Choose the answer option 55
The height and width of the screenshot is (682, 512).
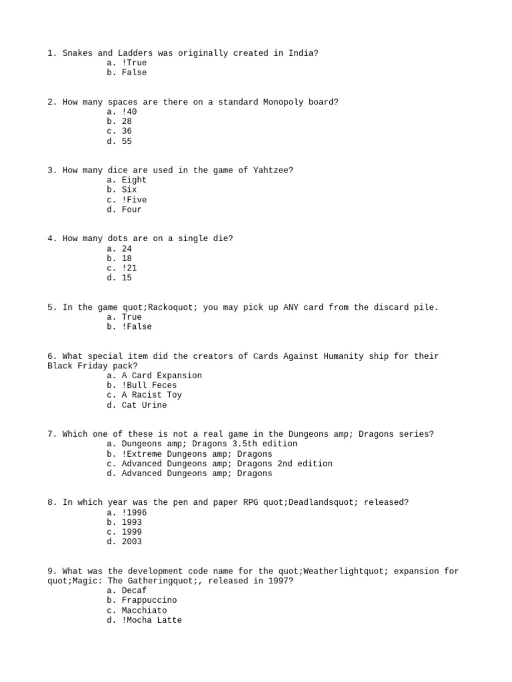127,141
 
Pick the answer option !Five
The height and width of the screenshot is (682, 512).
134,200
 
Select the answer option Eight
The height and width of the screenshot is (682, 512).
134,180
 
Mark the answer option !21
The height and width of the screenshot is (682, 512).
129,268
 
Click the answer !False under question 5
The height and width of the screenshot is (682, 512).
137,327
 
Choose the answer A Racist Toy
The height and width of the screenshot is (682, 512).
151,395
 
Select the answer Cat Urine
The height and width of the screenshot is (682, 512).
144,405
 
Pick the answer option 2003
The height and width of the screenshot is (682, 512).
131,541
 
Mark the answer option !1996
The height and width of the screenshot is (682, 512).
134,513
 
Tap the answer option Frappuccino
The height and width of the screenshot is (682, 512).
149,600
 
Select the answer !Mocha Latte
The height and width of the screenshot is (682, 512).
151,620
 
